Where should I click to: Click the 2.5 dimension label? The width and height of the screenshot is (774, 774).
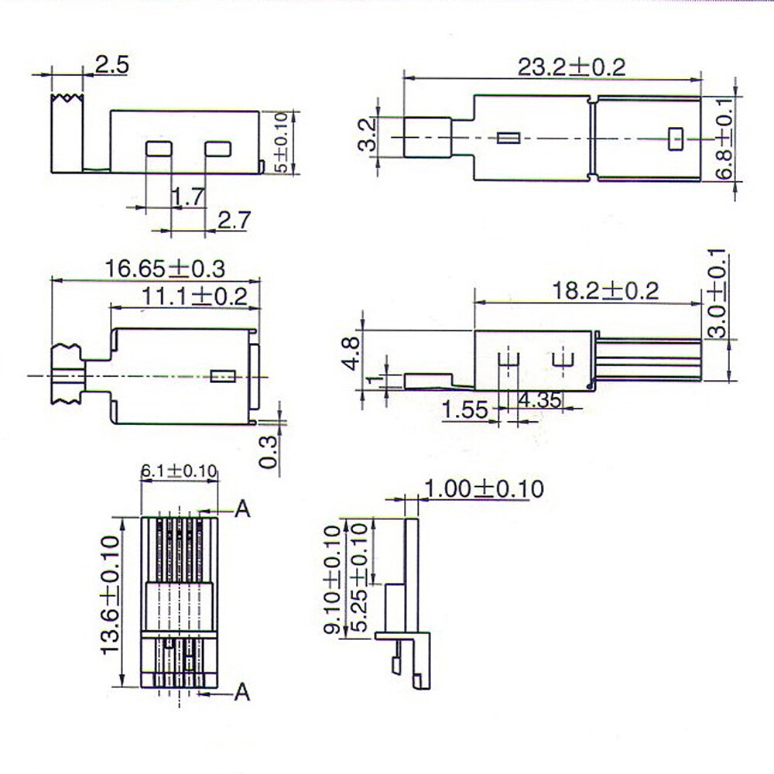click(x=112, y=64)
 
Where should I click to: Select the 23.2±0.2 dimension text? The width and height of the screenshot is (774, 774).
click(x=571, y=67)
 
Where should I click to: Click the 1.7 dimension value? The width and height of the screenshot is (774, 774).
click(x=188, y=197)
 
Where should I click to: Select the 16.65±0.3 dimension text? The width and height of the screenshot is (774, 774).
click(x=165, y=269)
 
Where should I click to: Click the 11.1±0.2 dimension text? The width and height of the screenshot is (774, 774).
click(x=194, y=296)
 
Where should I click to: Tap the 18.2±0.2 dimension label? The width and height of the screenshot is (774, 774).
click(x=605, y=291)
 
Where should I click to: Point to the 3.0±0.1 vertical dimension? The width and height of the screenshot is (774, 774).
click(x=717, y=293)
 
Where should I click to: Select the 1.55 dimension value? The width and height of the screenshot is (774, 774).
click(x=465, y=410)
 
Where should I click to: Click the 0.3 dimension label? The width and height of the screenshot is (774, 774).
click(x=268, y=451)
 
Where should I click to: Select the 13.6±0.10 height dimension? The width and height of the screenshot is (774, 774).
click(x=110, y=596)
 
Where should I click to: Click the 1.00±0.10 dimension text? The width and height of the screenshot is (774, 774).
click(x=484, y=489)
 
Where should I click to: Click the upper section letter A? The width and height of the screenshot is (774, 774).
click(x=243, y=509)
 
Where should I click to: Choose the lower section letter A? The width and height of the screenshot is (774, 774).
click(x=243, y=691)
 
